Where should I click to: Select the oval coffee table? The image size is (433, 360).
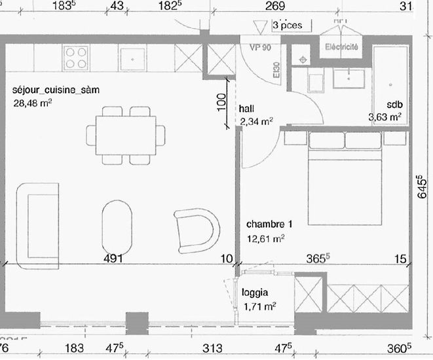[118, 226]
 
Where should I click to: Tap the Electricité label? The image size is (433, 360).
[341, 47]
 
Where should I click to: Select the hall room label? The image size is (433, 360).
[247, 108]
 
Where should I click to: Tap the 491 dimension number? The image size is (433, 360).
[114, 259]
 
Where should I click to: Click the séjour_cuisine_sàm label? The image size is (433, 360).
[56, 90]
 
